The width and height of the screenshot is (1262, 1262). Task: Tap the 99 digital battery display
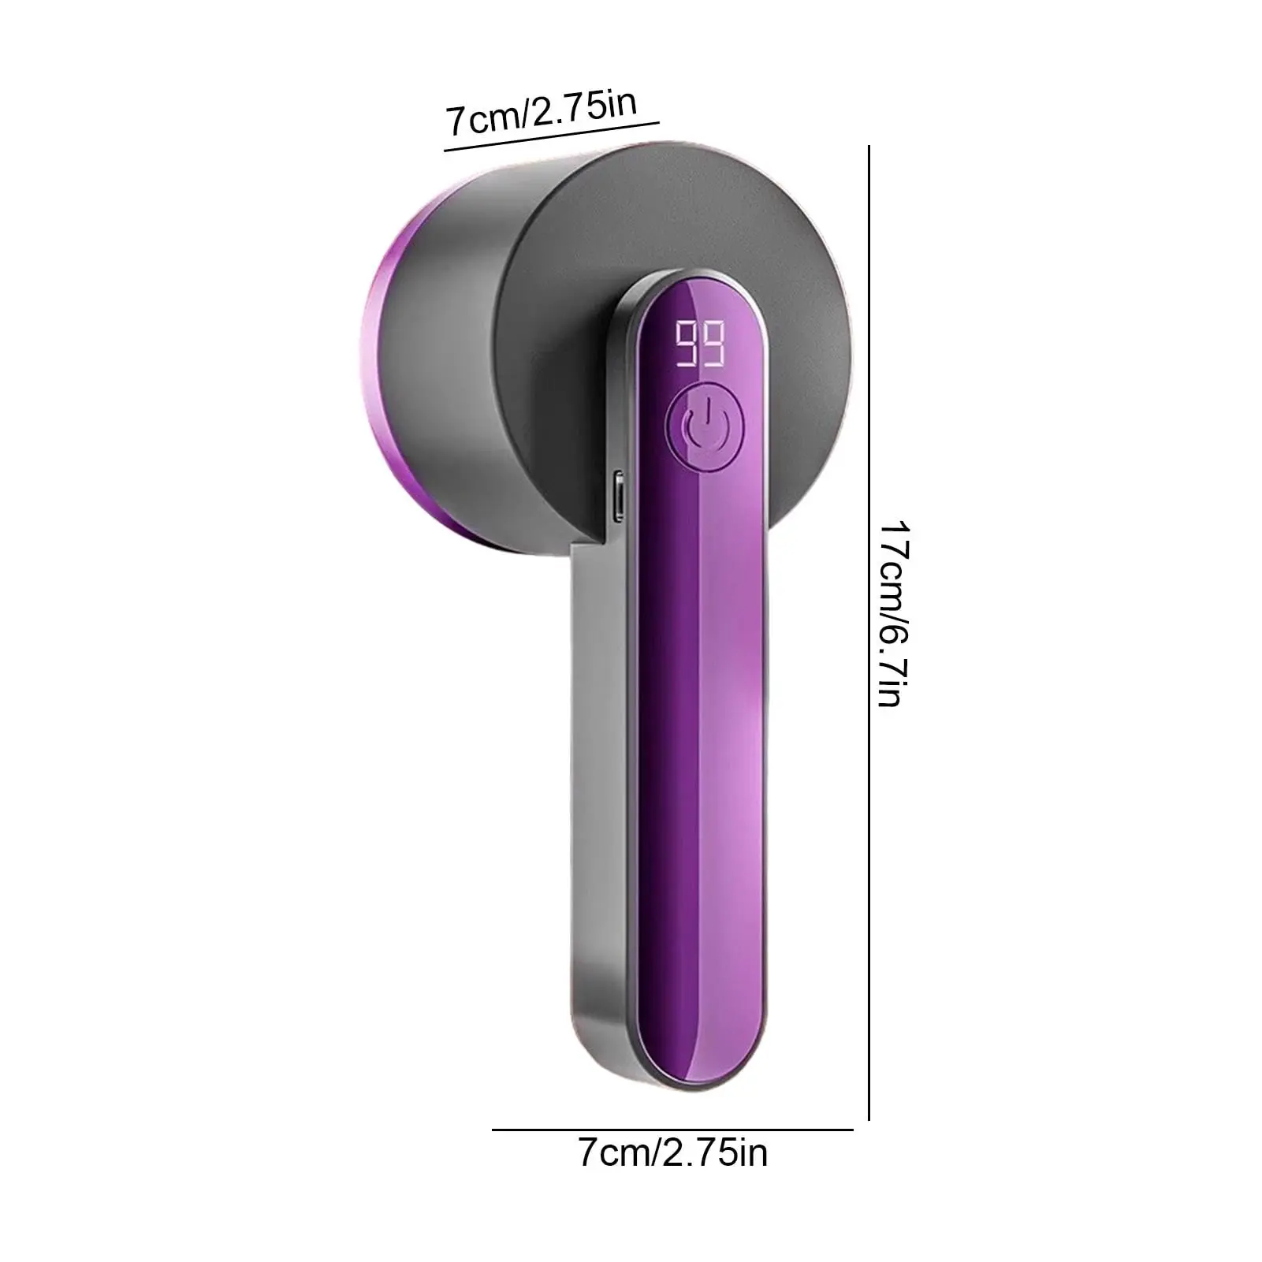(701, 344)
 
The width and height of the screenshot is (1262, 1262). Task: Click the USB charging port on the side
(619, 496)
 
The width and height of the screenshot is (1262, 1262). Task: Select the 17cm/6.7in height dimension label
(895, 612)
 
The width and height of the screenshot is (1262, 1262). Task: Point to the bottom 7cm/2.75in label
(672, 1154)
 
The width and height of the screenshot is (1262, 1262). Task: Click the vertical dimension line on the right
(869, 632)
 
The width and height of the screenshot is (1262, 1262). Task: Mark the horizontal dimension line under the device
(672, 1130)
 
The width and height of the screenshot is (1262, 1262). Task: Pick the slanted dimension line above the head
(551, 136)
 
